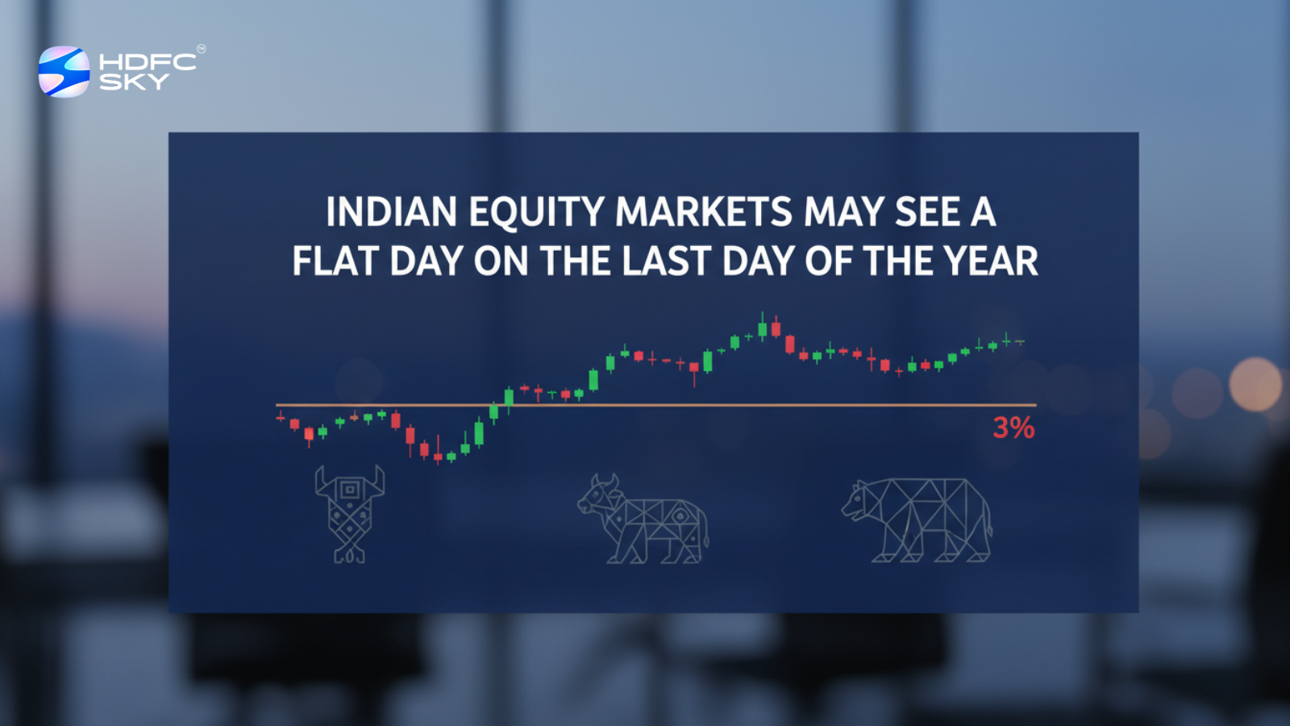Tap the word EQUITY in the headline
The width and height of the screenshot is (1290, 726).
point(536,213)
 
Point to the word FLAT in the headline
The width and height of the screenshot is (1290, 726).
point(335,262)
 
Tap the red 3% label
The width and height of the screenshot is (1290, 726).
point(1013,428)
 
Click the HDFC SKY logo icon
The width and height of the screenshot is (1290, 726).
point(64,72)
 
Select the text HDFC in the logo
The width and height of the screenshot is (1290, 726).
point(148,62)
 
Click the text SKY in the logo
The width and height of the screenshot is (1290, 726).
point(134,81)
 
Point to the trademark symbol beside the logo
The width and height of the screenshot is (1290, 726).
point(201,49)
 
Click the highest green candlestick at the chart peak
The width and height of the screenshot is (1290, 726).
point(762,328)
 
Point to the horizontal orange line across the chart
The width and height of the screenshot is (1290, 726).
point(645,405)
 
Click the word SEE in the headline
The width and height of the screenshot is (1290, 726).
point(927,213)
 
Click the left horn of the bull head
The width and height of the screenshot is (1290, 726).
point(320,482)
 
